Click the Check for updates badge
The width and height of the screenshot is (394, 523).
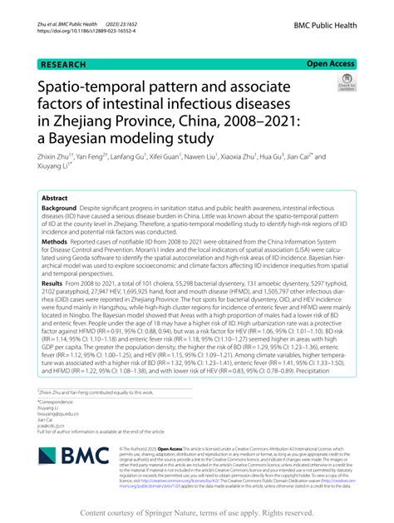[346, 84]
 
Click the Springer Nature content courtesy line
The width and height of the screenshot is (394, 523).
[197, 514]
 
